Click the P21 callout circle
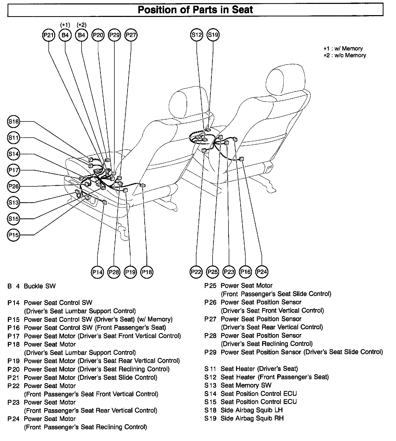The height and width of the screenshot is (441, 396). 48,35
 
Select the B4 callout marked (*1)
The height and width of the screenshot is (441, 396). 65,35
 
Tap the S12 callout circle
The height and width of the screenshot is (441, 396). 196,35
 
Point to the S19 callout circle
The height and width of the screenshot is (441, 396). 213,35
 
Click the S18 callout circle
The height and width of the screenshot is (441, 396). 14,121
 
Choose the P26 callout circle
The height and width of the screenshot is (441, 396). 14,186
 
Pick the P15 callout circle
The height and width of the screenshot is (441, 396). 14,235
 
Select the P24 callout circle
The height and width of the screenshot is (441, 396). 262,272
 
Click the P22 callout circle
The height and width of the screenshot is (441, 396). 196,272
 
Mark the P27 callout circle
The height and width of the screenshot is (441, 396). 131,35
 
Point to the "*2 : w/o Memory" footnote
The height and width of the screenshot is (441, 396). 345,56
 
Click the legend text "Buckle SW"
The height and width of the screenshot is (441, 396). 40,286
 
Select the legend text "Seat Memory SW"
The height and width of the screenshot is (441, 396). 246,385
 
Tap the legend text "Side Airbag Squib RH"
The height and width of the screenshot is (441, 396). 252,418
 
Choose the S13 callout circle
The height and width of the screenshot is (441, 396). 14,203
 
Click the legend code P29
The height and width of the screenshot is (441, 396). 210,352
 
